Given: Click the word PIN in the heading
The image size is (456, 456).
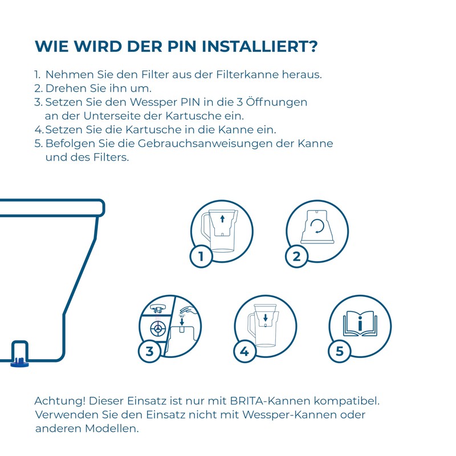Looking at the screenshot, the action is tap(181, 46).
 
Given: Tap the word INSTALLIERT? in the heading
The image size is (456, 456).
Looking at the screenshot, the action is tap(260, 46).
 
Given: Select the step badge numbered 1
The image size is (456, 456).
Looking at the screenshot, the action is tap(201, 256).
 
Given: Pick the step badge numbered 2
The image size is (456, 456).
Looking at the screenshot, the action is tap(296, 256).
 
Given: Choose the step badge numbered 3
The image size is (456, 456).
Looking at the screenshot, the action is tap(149, 351).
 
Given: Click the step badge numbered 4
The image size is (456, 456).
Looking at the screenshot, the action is tap(245, 351).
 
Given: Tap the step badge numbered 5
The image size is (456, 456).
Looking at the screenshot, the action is tap(339, 351).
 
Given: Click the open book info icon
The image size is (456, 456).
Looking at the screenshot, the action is tap(360, 323).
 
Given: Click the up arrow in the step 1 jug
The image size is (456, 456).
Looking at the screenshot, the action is tap(222, 218).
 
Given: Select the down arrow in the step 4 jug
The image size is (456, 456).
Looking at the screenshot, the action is tap(265, 317).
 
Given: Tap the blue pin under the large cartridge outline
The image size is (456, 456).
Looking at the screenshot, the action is tap(19, 363).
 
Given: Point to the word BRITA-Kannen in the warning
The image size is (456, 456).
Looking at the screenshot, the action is tap(270, 401).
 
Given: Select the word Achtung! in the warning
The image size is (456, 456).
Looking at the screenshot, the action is tap(60, 401).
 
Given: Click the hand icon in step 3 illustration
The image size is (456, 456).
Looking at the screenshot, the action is tap(189, 309).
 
